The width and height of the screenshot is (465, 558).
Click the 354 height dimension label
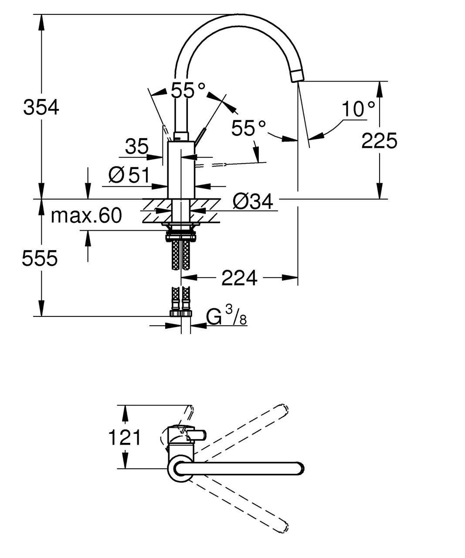(x=41, y=107)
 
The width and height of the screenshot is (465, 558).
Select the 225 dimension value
(x=379, y=141)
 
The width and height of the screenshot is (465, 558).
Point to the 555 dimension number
(x=40, y=258)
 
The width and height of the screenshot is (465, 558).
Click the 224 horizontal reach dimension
(x=239, y=278)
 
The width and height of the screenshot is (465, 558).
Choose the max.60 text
(x=86, y=215)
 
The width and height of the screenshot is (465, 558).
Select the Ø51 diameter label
(x=129, y=175)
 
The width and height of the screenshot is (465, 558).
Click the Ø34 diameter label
(x=253, y=201)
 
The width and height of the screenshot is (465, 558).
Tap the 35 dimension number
(x=136, y=146)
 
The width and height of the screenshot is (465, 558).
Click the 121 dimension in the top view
(x=125, y=438)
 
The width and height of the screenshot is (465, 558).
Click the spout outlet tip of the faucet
(x=297, y=77)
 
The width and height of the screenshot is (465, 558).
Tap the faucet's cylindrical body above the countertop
(x=181, y=170)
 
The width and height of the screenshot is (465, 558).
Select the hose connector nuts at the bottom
(x=181, y=313)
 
